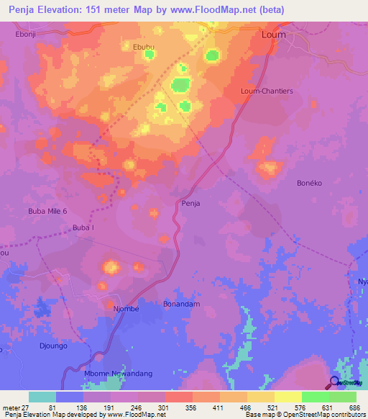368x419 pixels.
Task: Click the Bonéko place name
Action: [x=311, y=184]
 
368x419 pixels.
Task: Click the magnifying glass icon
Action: [x=335, y=382]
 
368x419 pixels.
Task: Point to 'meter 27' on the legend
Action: [x=14, y=407]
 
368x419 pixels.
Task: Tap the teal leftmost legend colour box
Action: [x=42, y=397]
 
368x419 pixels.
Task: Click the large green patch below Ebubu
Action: [x=180, y=85]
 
